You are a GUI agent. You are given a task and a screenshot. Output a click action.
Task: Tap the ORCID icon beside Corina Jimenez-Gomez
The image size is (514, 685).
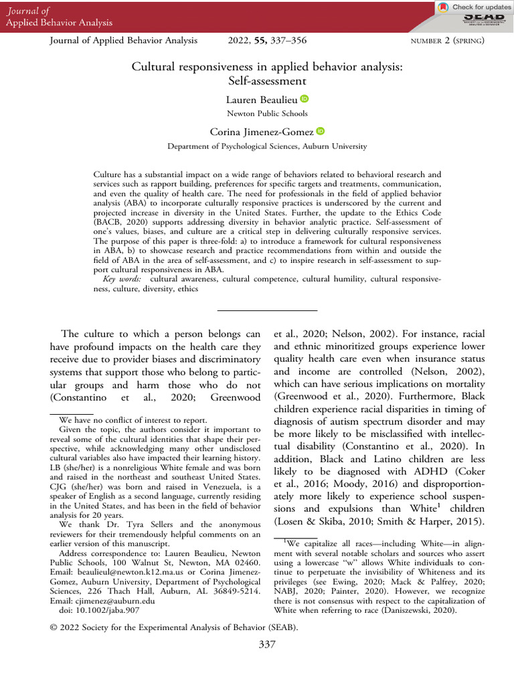(319, 132)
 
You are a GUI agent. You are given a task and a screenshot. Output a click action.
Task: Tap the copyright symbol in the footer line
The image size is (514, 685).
(54, 627)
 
